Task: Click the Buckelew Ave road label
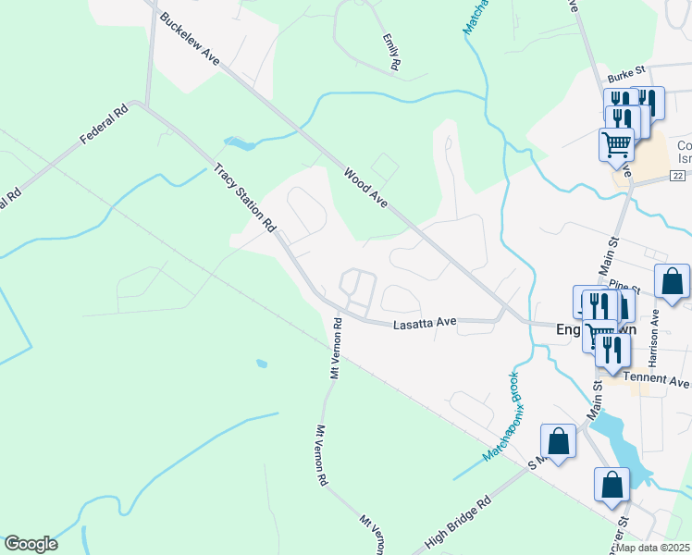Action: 189,40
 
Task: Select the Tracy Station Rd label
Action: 245,198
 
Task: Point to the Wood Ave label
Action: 365,188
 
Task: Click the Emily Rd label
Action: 391,53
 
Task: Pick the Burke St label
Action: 624,80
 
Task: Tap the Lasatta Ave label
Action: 425,324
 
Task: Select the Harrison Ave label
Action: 654,329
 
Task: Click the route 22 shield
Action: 679,176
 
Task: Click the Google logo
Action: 31,544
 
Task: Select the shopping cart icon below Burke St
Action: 616,144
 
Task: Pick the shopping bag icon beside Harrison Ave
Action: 672,280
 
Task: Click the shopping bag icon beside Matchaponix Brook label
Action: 559,441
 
